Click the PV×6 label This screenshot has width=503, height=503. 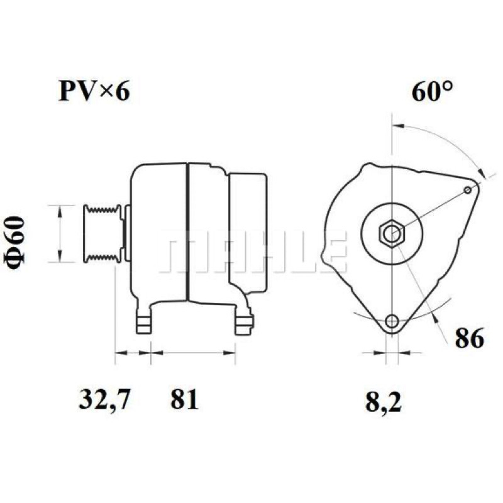[94, 91]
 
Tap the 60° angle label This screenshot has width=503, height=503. [433, 91]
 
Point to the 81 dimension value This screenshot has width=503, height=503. [184, 399]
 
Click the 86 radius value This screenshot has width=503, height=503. [469, 338]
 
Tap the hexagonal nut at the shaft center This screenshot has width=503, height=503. [392, 233]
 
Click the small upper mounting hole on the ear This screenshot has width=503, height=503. [468, 191]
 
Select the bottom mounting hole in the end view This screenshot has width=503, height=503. [392, 320]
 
